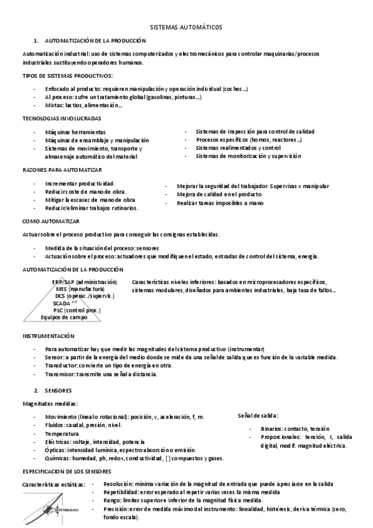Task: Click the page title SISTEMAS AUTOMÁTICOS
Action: click(x=186, y=27)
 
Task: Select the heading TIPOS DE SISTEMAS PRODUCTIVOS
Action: click(x=67, y=75)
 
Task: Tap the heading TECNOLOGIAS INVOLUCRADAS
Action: click(x=62, y=118)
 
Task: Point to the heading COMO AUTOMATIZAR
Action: click(x=51, y=221)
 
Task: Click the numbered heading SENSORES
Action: click(x=59, y=390)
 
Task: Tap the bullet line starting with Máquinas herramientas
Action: click(x=75, y=133)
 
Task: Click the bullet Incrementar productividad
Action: click(x=80, y=184)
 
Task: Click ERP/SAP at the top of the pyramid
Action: click(x=65, y=282)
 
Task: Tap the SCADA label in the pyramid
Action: click(x=62, y=303)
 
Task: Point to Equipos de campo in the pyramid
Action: click(x=62, y=317)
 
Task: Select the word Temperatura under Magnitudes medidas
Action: click(x=62, y=433)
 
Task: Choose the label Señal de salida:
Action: click(x=258, y=415)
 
